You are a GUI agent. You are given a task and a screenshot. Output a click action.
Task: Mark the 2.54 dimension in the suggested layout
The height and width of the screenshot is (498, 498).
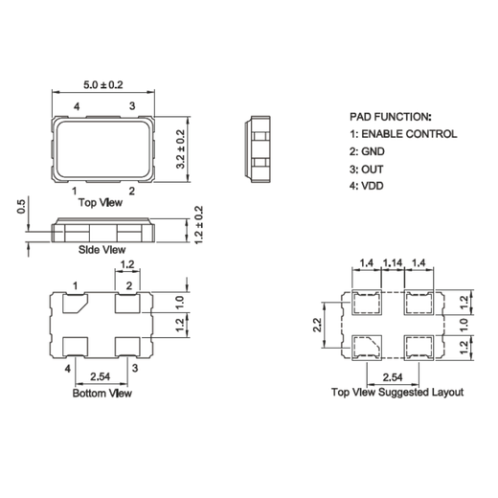pyautogui.click(x=392, y=378)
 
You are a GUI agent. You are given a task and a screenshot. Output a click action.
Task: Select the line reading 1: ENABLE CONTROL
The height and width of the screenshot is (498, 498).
pyautogui.click(x=402, y=133)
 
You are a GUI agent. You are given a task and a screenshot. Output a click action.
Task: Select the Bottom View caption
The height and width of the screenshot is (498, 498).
pyautogui.click(x=102, y=393)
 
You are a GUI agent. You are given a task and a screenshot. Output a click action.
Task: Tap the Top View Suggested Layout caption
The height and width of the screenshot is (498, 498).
pyautogui.click(x=396, y=393)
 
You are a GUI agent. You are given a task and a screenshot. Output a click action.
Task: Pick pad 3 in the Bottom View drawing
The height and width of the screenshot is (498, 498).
pyautogui.click(x=127, y=345)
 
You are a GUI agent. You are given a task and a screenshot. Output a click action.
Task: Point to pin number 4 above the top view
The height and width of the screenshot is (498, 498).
pyautogui.click(x=76, y=104)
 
